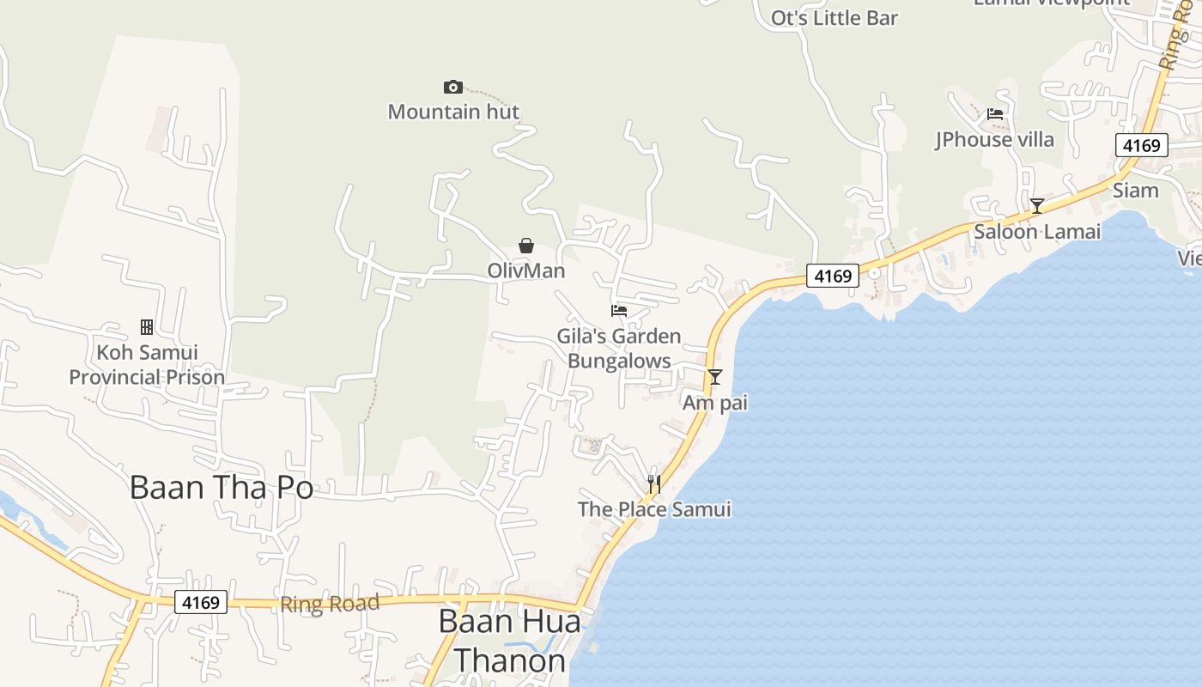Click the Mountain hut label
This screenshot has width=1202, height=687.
click(x=453, y=112)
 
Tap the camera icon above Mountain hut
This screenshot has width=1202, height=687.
click(x=453, y=87)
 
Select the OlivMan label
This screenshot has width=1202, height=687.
click(x=526, y=271)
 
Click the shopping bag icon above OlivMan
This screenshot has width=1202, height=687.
click(x=526, y=246)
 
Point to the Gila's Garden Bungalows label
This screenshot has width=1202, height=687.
click(x=619, y=348)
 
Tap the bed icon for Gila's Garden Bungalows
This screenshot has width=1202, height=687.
click(x=619, y=310)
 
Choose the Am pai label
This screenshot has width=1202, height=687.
click(x=715, y=403)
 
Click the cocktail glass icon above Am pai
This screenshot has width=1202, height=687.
click(x=714, y=377)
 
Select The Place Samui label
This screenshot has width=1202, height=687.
click(x=654, y=509)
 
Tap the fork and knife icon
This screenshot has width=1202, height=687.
click(x=654, y=484)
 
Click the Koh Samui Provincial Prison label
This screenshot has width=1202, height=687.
click(x=147, y=364)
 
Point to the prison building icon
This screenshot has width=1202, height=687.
click(x=147, y=326)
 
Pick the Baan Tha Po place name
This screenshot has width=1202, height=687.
click(x=222, y=487)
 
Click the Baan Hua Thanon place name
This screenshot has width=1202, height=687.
click(x=509, y=641)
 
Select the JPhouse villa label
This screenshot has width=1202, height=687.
click(x=994, y=139)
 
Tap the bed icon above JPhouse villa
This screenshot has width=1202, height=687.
click(x=995, y=113)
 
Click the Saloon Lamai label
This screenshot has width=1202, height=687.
click(x=1037, y=232)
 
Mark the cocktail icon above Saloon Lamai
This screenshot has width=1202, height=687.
click(x=1037, y=206)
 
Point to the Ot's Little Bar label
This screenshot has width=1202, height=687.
click(x=835, y=18)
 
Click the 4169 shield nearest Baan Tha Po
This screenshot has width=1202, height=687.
click(x=201, y=602)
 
